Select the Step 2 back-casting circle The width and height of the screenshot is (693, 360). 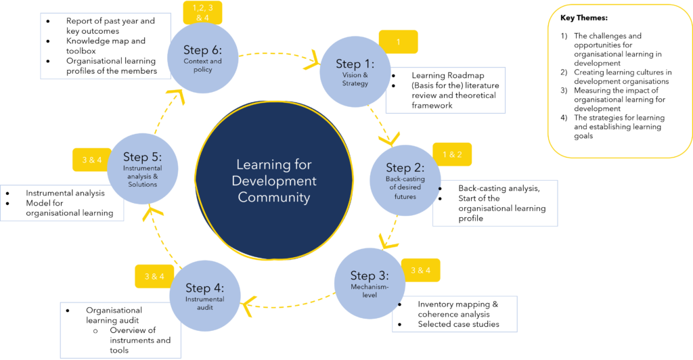click(405, 180)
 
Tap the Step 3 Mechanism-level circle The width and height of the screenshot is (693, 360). click(370, 283)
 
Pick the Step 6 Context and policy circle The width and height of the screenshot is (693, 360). click(202, 58)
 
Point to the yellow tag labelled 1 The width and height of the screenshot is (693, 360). click(398, 42)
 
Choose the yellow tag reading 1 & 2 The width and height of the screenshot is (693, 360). click(452, 154)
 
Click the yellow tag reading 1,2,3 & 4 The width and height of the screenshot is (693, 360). click(202, 11)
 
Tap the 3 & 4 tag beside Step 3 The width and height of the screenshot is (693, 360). click(420, 271)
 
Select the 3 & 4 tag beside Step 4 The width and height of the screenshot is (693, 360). click(154, 276)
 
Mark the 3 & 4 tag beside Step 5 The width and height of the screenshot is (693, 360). click(91, 160)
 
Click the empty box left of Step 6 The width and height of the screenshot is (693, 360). click(106, 46)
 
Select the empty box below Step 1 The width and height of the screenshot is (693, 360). click(445, 90)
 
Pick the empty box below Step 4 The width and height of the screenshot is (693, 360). click(120, 330)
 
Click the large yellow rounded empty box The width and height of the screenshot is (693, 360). click(619, 81)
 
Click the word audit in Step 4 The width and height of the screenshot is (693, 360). click(204, 307)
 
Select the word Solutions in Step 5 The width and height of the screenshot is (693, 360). click(142, 185)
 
